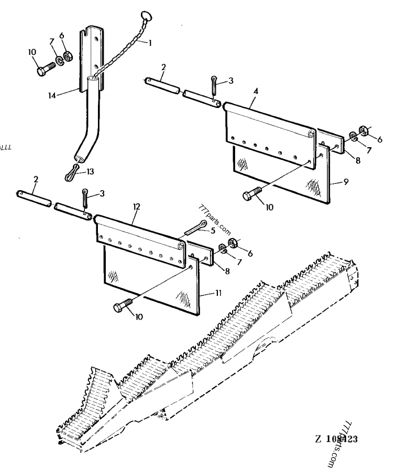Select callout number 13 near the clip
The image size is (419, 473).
pyautogui.click(x=91, y=171)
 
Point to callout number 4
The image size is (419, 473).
pyautogui.click(x=256, y=91)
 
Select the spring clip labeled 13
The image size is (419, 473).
pyautogui.click(x=72, y=172)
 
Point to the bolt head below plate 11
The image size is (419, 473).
pyautogui.click(x=120, y=307)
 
